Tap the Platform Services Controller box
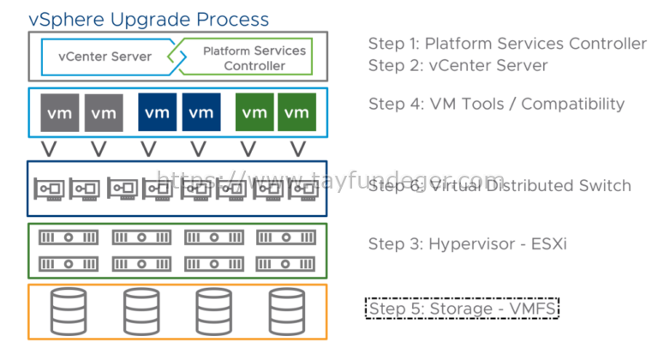pyautogui.click(x=244, y=57)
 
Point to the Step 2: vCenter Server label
pyautogui.click(x=458, y=65)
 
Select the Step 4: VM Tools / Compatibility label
pyautogui.click(x=496, y=105)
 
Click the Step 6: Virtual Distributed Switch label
pyautogui.click(x=499, y=186)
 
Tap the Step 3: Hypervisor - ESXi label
pyautogui.click(x=467, y=244)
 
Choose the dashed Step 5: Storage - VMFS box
pyautogui.click(x=463, y=307)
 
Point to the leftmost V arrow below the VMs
pyautogui.click(x=49, y=148)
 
